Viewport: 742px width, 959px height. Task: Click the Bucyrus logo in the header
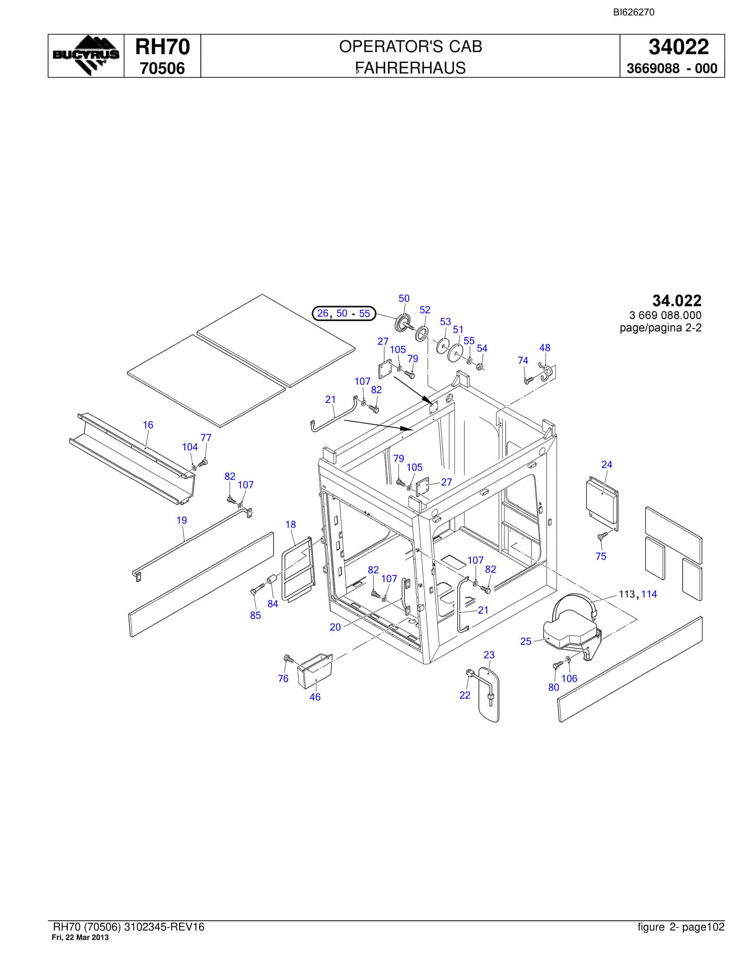pyautogui.click(x=86, y=56)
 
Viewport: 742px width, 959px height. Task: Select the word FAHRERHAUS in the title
pyautogui.click(x=411, y=68)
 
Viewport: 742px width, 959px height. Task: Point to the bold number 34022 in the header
pyautogui.click(x=679, y=47)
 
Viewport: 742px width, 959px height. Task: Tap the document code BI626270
pyautogui.click(x=633, y=12)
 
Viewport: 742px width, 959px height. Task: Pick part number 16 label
pyautogui.click(x=148, y=425)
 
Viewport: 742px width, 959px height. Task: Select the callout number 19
pyautogui.click(x=182, y=520)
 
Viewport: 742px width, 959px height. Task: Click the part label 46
pyautogui.click(x=315, y=697)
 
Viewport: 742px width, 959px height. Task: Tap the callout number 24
pyautogui.click(x=607, y=465)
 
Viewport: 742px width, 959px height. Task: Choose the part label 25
pyautogui.click(x=526, y=641)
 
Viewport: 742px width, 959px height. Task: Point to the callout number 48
pyautogui.click(x=545, y=348)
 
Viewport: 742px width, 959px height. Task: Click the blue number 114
pyautogui.click(x=649, y=594)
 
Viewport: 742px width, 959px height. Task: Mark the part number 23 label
pyautogui.click(x=489, y=655)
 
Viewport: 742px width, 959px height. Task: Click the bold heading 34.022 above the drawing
pyautogui.click(x=677, y=301)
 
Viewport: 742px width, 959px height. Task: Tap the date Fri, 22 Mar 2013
pyautogui.click(x=80, y=938)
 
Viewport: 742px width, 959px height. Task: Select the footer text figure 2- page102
pyautogui.click(x=681, y=927)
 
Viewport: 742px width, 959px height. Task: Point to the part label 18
pyautogui.click(x=291, y=525)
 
